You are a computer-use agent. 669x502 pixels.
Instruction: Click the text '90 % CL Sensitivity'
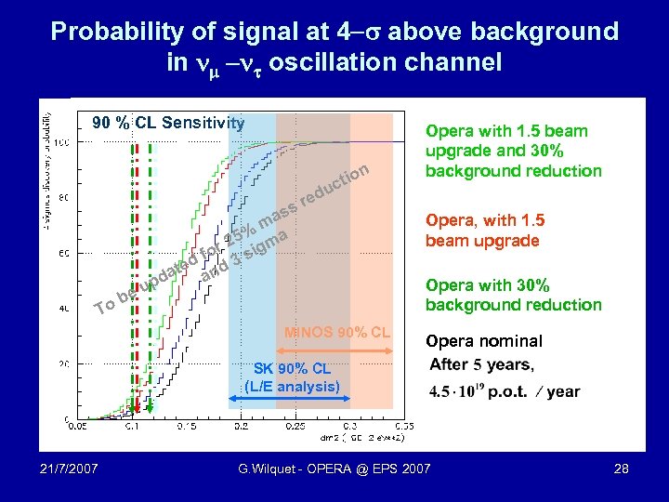(x=167, y=123)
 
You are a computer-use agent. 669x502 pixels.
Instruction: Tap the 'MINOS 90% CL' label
(x=338, y=332)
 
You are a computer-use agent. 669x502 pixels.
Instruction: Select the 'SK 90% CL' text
(x=292, y=369)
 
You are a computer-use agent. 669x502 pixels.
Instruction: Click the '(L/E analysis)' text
(x=292, y=385)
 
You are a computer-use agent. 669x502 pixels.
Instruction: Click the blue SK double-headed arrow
(x=290, y=399)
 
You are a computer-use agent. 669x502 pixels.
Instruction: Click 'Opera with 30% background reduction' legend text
(x=513, y=295)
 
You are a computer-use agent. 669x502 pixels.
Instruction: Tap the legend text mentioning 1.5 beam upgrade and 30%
(x=513, y=151)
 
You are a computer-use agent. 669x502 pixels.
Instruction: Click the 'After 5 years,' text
(x=481, y=364)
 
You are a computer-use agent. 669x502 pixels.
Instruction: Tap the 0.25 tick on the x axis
(x=295, y=426)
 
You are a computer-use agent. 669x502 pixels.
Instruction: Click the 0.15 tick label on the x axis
(x=186, y=426)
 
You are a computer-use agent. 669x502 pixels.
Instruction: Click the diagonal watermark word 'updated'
(x=169, y=271)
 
